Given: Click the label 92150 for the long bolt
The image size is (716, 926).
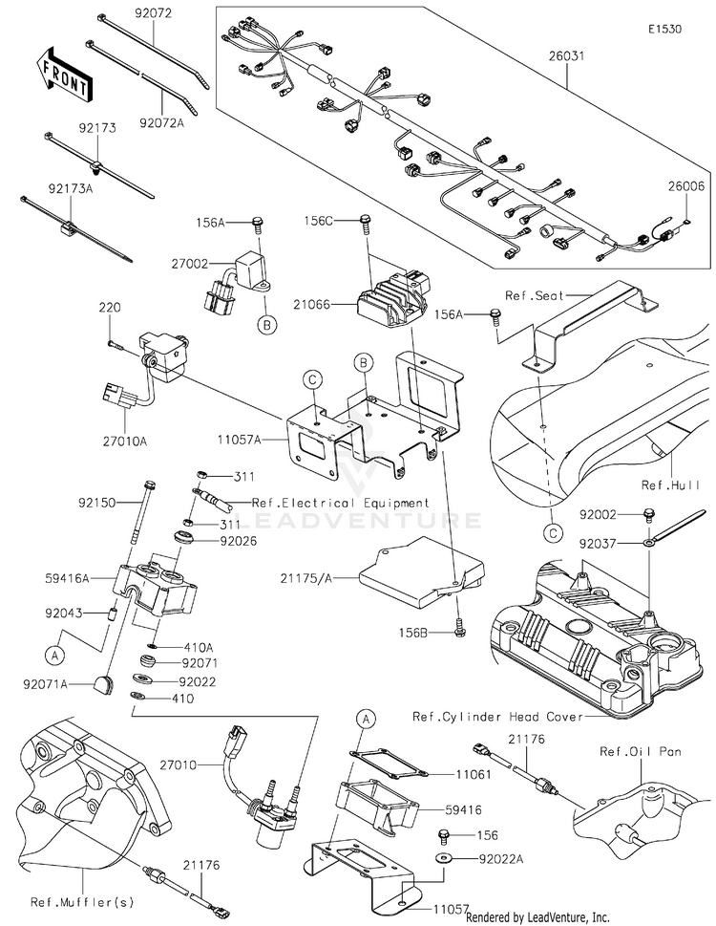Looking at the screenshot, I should tap(97, 501).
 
